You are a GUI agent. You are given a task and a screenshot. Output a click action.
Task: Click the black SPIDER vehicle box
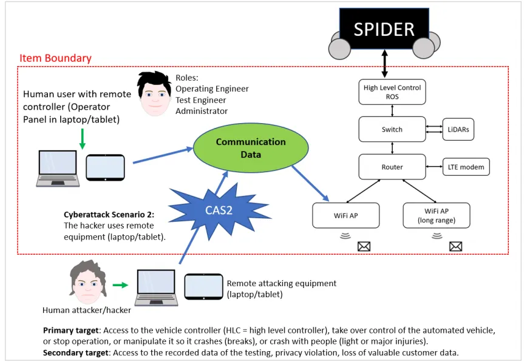pos(384,29)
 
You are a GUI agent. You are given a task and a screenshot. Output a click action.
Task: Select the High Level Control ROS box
pos(392,92)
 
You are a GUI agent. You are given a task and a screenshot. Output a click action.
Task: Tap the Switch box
pos(392,129)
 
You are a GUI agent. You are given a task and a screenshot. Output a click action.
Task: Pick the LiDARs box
pos(458,129)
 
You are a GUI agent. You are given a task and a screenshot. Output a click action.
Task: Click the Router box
pos(392,167)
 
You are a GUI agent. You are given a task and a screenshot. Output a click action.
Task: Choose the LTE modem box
pos(466,167)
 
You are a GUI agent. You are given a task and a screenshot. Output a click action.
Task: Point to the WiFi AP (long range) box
pos(437,215)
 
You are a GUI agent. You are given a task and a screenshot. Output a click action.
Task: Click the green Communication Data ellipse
pos(251,148)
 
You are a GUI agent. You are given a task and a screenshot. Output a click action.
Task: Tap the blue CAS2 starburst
pos(219,210)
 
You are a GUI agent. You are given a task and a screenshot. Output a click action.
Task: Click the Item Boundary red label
pos(55,58)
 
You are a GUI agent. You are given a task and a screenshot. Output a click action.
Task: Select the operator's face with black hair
pos(155,94)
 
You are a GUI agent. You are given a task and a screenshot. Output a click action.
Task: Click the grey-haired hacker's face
pos(88,282)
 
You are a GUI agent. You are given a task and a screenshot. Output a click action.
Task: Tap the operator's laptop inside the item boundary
pos(58,169)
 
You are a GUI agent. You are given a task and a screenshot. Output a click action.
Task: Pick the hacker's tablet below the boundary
pos(203,287)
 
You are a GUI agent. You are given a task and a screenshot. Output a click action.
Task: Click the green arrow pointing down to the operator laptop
pos(82,138)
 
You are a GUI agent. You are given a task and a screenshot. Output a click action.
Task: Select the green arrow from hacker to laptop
pos(120,285)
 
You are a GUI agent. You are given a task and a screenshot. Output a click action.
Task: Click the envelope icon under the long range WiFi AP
pos(455,247)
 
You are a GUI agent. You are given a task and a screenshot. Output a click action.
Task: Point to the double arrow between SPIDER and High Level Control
pos(384,64)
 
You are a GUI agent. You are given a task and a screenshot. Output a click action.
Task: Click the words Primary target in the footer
pos(71,330)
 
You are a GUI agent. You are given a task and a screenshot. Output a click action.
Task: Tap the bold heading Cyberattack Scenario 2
pos(109,215)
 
